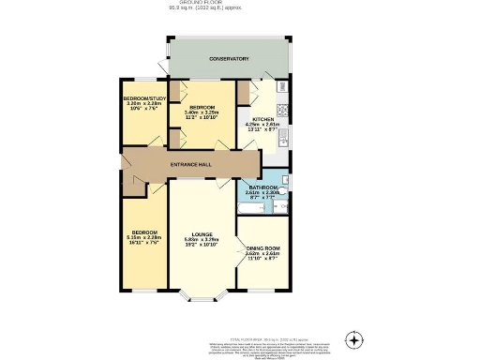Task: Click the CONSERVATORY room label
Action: click(x=229, y=59)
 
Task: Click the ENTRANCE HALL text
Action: click(x=190, y=165)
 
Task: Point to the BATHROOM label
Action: click(x=263, y=187)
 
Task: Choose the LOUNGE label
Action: click(x=202, y=234)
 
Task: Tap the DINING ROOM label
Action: click(x=263, y=247)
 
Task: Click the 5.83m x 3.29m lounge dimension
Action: click(x=202, y=240)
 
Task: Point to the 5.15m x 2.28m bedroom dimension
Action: click(x=144, y=237)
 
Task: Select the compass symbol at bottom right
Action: click(x=353, y=338)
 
